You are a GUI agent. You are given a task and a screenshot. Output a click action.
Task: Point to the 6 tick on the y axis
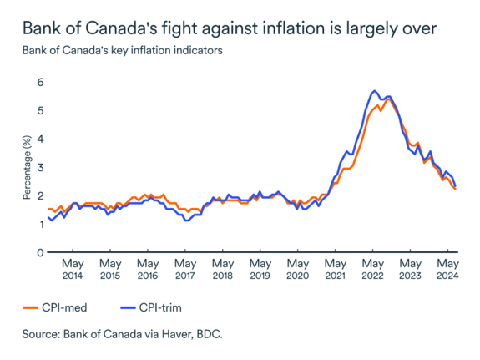(38, 82)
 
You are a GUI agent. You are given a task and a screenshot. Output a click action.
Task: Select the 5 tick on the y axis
(38, 110)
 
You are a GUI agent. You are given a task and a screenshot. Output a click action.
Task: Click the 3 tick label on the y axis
(38, 167)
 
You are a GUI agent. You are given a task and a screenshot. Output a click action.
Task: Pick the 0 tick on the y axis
(38, 252)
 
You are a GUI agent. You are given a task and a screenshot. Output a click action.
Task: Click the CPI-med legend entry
(57, 307)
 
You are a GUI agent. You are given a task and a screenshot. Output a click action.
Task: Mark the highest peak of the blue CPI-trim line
(375, 90)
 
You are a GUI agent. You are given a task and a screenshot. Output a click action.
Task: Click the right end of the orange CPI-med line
(455, 190)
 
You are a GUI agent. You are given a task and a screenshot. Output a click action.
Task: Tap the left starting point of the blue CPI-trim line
(48, 218)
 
